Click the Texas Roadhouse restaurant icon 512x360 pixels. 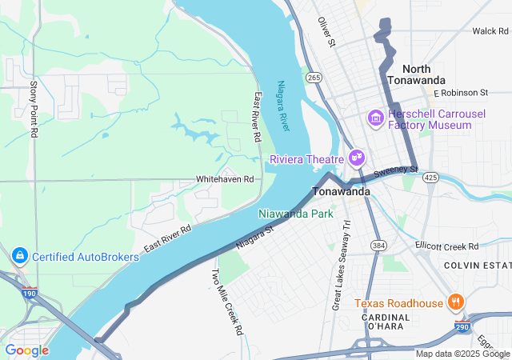click(455, 302)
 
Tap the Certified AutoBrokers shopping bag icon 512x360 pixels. click(18, 256)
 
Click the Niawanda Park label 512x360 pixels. click(295, 214)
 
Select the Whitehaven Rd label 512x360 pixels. click(225, 179)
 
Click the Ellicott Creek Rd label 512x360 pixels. click(446, 246)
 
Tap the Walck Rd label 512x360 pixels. click(490, 30)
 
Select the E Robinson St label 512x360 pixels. click(460, 93)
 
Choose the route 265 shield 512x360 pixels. click(313, 78)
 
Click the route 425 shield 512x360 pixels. click(431, 176)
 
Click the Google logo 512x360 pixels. click(26, 350)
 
